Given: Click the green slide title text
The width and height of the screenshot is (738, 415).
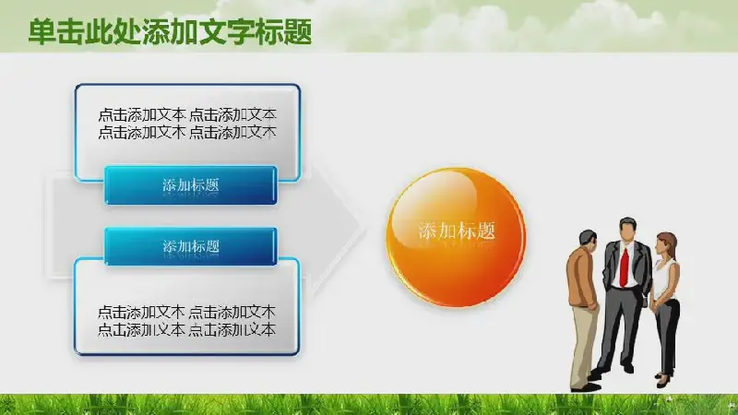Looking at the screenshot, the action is pyautogui.click(x=170, y=32).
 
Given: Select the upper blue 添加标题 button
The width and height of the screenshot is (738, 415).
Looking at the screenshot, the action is pyautogui.click(x=191, y=185).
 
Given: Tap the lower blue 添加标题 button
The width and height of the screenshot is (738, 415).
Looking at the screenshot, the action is pyautogui.click(x=191, y=246).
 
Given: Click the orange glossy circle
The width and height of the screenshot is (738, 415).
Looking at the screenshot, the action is pyautogui.click(x=456, y=237).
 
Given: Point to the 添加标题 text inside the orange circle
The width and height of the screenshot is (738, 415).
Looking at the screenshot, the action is pyautogui.click(x=457, y=231).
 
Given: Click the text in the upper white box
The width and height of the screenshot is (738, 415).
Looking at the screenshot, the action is pyautogui.click(x=187, y=124).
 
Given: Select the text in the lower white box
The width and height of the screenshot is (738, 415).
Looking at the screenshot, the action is pyautogui.click(x=187, y=321).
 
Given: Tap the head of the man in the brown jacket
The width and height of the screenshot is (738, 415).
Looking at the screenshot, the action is pyautogui.click(x=588, y=242).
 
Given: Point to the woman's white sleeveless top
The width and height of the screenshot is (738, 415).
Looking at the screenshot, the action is pyautogui.click(x=665, y=280).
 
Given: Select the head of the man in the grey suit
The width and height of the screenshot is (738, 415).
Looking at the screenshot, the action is pyautogui.click(x=627, y=229).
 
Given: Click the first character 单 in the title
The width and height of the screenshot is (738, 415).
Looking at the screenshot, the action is pyautogui.click(x=42, y=32).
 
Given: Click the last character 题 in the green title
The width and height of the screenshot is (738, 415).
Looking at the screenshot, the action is pyautogui.click(x=298, y=32).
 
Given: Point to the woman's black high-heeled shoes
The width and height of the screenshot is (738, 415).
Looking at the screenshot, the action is pyautogui.click(x=663, y=380).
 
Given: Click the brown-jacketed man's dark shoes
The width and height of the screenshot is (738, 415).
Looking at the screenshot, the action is pyautogui.click(x=586, y=387).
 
